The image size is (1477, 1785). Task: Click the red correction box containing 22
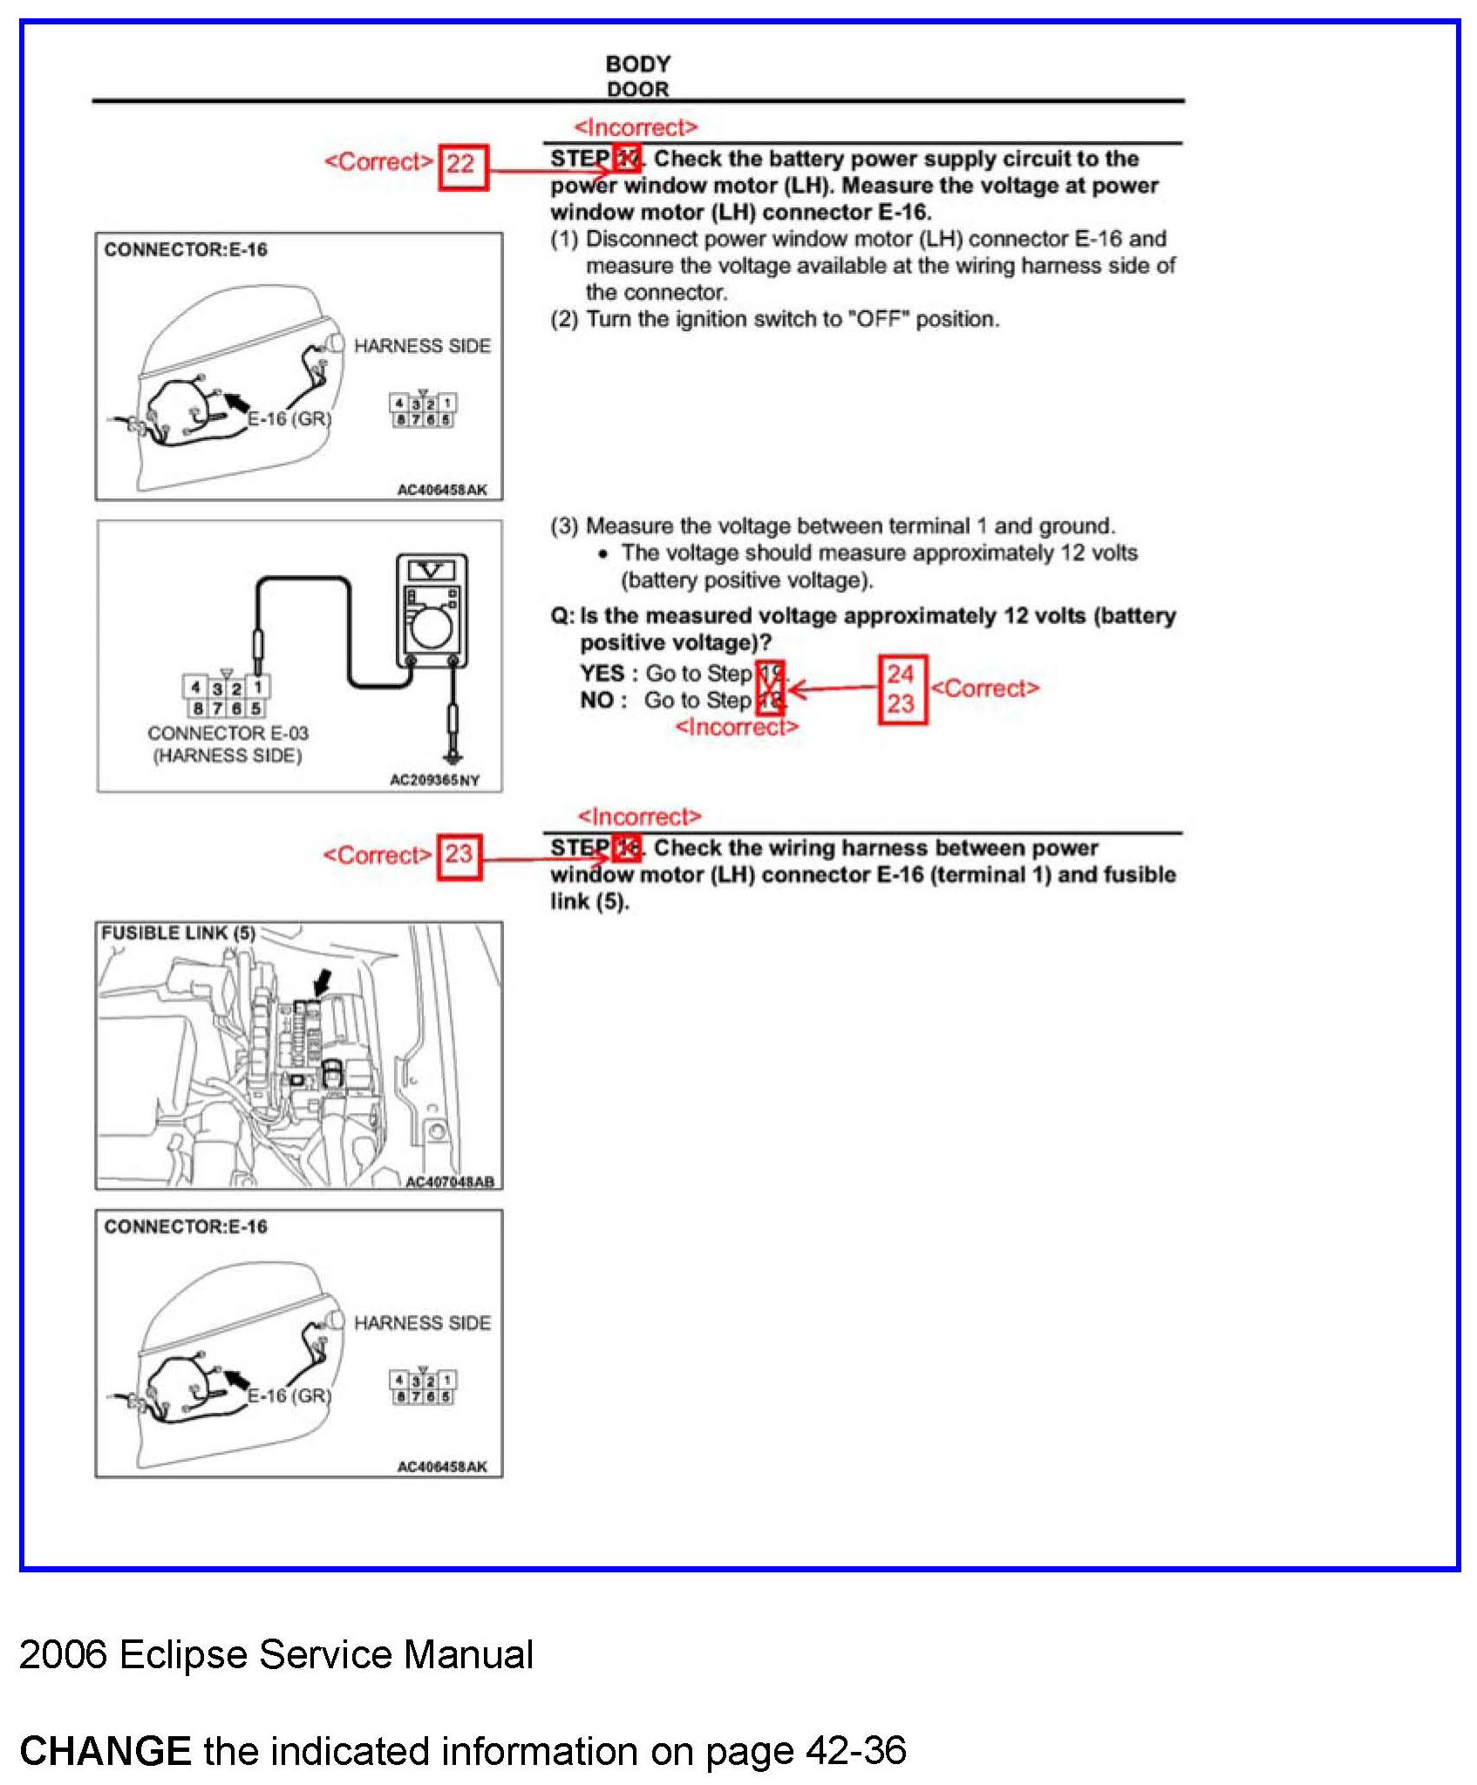coord(462,166)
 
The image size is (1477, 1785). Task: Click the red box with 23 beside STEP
coord(459,858)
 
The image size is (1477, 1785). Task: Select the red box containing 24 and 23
coord(902,689)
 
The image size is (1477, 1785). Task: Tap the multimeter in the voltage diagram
coord(432,610)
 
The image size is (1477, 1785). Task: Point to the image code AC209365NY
coord(434,780)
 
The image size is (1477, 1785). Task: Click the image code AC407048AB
coord(450,1182)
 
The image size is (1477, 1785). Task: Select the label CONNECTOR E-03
coord(228,734)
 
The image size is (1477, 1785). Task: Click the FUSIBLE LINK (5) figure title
coord(178,933)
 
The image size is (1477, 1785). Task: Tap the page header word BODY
coord(638,64)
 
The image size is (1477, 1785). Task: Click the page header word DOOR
coord(638,89)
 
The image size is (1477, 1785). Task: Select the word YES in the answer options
coord(602,674)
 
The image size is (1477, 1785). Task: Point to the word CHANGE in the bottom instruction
coord(105,1751)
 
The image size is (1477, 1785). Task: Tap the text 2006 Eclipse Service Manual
coord(276,1654)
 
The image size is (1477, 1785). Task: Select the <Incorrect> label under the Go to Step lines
coord(737,727)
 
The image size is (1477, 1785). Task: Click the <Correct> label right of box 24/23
coord(985,689)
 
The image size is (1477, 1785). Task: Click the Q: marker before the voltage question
coord(562,616)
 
